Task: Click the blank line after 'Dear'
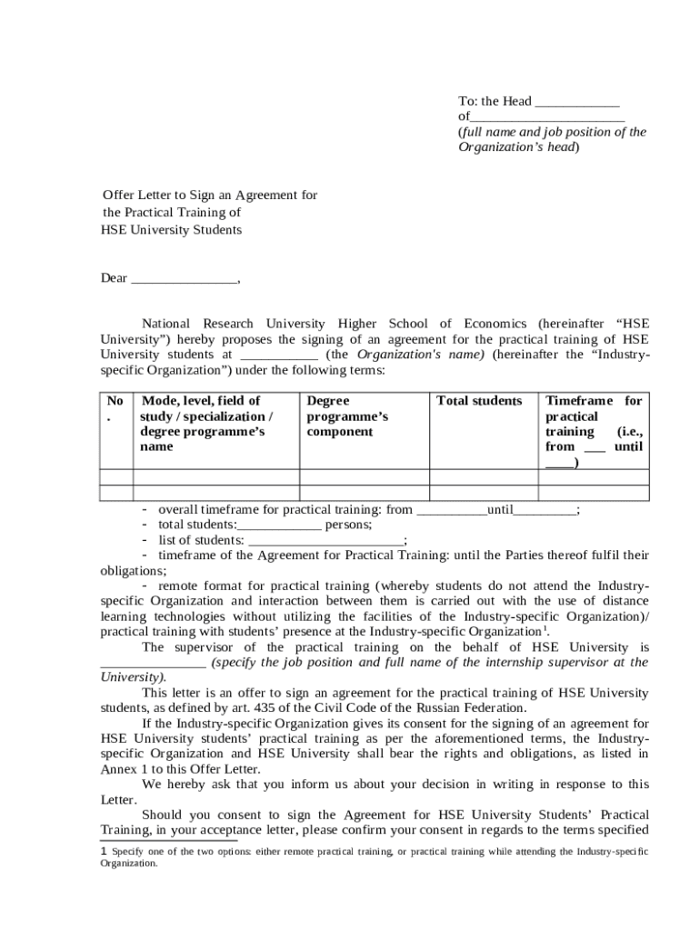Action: (x=184, y=279)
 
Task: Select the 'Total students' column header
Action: (x=479, y=401)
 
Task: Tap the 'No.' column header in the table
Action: (x=115, y=409)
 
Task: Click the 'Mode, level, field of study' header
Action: (x=205, y=424)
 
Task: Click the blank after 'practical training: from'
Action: (x=451, y=511)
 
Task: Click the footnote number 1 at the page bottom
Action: (x=104, y=852)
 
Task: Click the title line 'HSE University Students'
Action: (x=171, y=230)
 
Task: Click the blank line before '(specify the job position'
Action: (x=153, y=664)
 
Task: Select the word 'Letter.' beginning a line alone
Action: (x=118, y=800)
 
